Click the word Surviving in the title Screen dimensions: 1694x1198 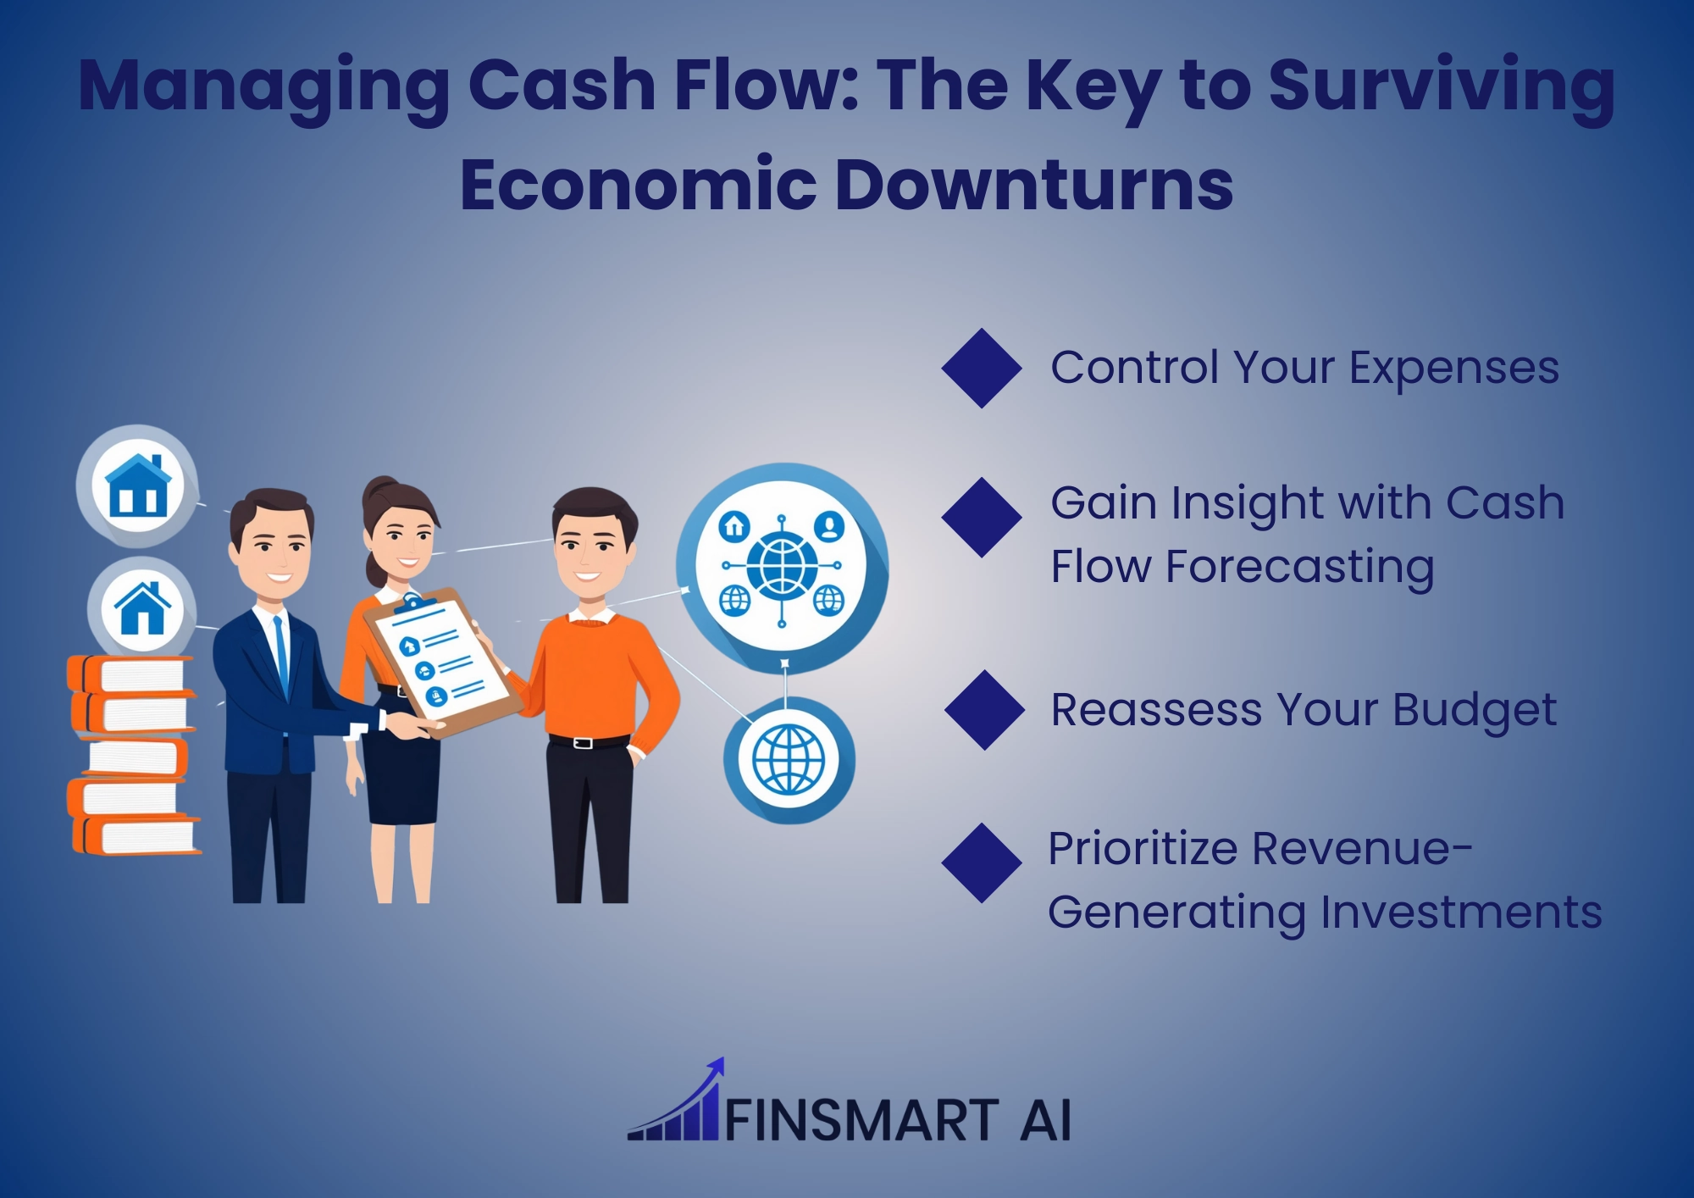pyautogui.click(x=1442, y=86)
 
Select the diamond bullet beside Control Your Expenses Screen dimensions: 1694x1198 pyautogui.click(x=982, y=369)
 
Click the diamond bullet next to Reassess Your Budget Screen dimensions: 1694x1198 pyautogui.click(x=985, y=710)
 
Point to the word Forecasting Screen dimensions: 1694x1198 pyautogui.click(x=1300, y=568)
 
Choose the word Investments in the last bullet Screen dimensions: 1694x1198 pyautogui.click(x=1460, y=913)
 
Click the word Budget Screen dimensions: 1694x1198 pyautogui.click(x=1474, y=711)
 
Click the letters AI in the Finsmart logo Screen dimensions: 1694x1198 pyautogui.click(x=1046, y=1120)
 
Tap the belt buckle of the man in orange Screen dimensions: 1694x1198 pyautogui.click(x=582, y=743)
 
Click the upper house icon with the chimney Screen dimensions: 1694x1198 pyautogui.click(x=137, y=485)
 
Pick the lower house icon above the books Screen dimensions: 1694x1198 pyautogui.click(x=142, y=607)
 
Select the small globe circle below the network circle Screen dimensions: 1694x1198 pyautogui.click(x=789, y=759)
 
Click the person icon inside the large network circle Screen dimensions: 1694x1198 pyautogui.click(x=829, y=526)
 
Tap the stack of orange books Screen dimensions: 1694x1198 pyautogui.click(x=134, y=755)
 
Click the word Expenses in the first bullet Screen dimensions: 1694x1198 pyautogui.click(x=1453, y=369)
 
